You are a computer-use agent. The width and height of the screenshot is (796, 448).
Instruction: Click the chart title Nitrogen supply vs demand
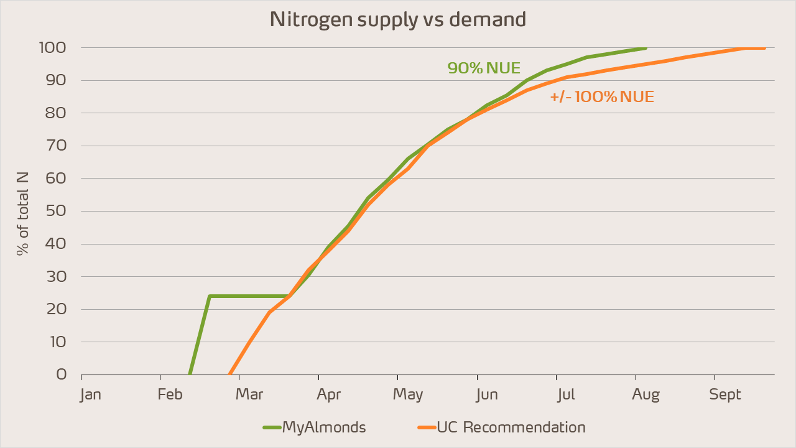coord(398,19)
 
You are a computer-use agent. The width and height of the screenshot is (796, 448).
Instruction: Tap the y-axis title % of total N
coord(23,212)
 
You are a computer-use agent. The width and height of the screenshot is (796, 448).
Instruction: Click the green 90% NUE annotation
coord(484,68)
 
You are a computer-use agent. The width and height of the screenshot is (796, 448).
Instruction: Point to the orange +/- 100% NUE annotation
coord(602,97)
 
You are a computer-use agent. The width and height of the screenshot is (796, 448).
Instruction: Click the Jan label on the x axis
coord(90,394)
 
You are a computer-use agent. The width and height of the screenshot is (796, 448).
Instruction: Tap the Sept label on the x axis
coord(726,394)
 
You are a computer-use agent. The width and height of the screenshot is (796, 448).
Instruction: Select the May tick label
coord(408,394)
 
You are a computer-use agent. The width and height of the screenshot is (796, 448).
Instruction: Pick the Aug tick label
coord(646,394)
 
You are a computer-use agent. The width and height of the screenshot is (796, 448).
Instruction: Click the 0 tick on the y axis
coord(62,375)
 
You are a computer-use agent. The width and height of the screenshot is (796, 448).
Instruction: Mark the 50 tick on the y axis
coord(58,212)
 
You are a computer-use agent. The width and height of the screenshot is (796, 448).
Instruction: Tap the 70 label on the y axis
coord(58,146)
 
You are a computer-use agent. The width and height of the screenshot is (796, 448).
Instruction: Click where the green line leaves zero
coord(190,374)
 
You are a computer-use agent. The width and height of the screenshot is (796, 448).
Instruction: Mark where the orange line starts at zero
coord(229,374)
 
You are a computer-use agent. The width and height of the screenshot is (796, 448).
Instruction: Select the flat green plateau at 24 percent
coord(249,296)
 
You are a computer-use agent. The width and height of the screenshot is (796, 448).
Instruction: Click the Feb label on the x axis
coord(170,394)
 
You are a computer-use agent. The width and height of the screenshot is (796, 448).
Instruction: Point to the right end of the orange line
coord(764,48)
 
